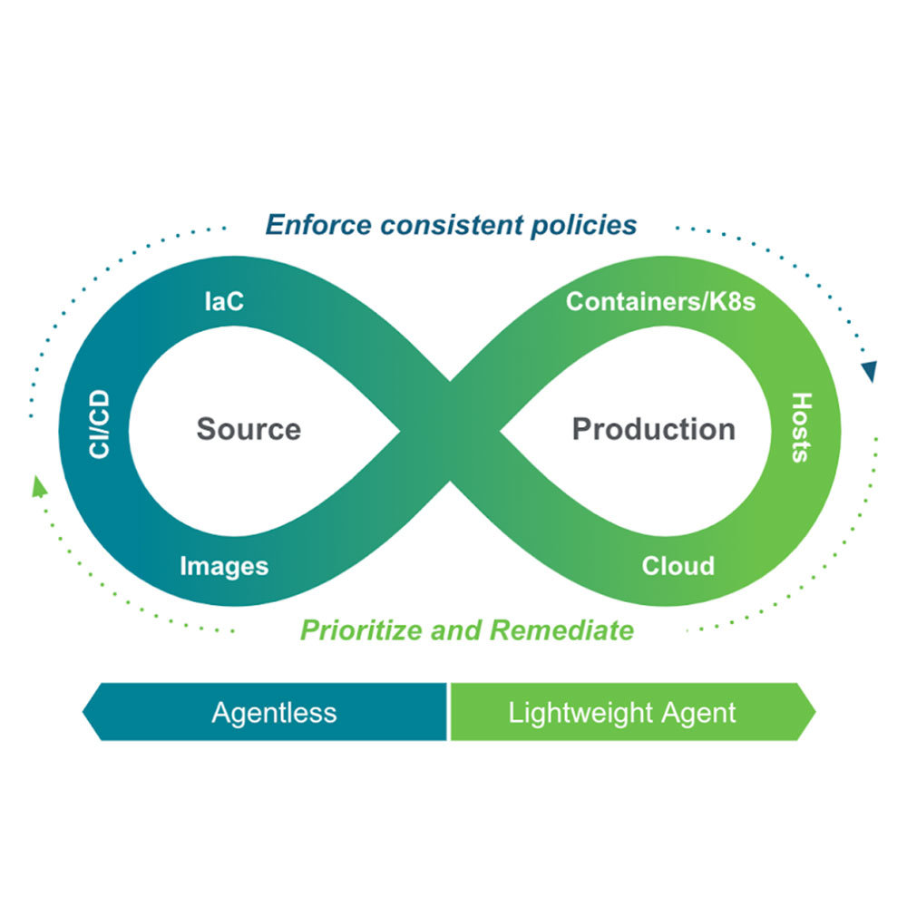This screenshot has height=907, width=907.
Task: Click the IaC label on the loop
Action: click(223, 301)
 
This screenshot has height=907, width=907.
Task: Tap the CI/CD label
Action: click(100, 424)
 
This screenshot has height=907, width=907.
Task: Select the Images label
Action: click(224, 567)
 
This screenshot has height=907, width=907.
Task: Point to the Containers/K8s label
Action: click(660, 301)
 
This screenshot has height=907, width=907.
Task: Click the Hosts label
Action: click(800, 427)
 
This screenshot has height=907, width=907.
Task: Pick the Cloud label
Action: click(678, 566)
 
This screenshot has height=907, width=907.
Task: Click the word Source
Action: click(249, 429)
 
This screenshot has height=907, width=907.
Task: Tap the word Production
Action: click(653, 429)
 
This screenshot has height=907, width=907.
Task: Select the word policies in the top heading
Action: click(582, 224)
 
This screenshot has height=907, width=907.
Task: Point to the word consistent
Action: click(456, 224)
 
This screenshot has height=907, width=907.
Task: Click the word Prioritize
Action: click(362, 629)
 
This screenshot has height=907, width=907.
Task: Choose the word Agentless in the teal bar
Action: click(274, 712)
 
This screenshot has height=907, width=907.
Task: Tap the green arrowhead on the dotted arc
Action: click(39, 487)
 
